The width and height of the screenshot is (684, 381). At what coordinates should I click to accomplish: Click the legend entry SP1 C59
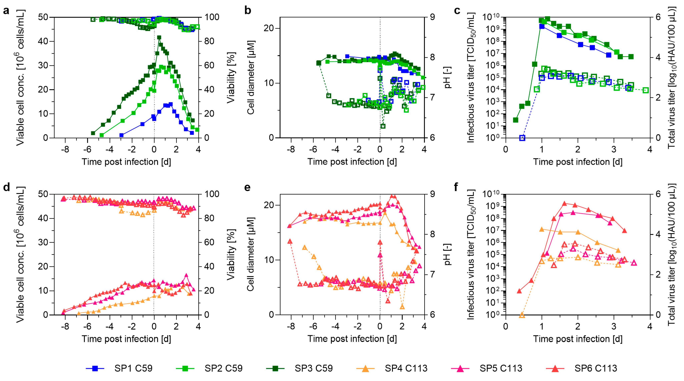pos(133,368)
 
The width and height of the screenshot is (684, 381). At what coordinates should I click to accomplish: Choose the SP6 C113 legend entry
pos(596,368)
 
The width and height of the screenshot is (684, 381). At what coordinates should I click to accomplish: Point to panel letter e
pos(247,188)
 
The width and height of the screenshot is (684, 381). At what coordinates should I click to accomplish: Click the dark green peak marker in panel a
pos(159,37)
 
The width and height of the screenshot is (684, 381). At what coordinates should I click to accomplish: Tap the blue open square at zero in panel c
pos(522,138)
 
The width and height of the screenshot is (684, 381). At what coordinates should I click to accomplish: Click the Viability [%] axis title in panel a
pos(231,78)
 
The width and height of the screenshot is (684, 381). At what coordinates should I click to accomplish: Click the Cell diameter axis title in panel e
pos(250,254)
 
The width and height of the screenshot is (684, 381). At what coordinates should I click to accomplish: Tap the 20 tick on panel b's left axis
pos(269,28)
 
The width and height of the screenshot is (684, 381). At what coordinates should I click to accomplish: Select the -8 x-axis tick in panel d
pos(65,326)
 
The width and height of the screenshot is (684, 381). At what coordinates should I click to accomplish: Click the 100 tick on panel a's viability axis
pos(212,17)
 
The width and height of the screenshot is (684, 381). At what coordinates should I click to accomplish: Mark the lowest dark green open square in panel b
pos(383,126)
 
